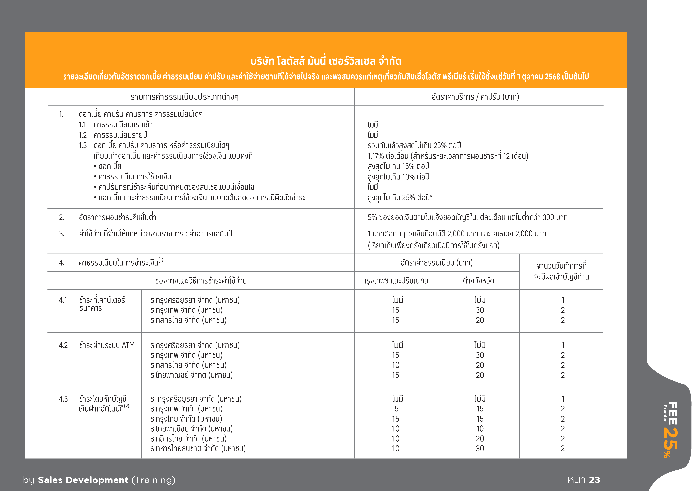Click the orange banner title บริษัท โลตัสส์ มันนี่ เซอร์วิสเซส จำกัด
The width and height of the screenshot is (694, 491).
[x=326, y=61]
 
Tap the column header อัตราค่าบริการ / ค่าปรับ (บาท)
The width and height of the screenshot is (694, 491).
[x=475, y=97]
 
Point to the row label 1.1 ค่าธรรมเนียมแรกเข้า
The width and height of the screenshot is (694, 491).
[x=116, y=124]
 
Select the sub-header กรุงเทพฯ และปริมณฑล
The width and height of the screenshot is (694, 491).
[x=395, y=281]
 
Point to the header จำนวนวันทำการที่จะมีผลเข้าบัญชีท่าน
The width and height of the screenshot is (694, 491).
[x=561, y=271]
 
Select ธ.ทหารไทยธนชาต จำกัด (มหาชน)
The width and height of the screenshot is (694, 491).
[x=198, y=448]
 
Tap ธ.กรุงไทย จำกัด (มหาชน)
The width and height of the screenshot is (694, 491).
[x=186, y=419]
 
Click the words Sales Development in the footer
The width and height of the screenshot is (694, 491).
[x=83, y=480]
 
